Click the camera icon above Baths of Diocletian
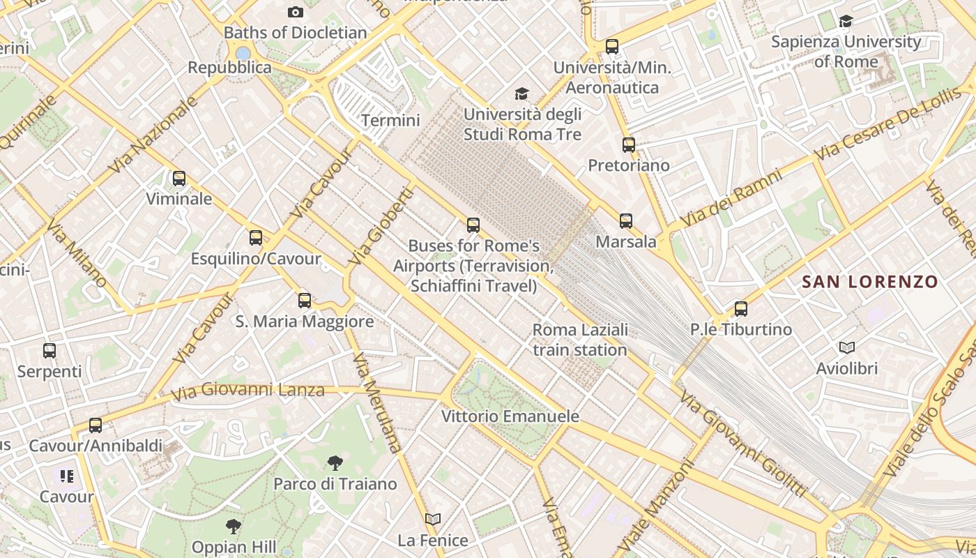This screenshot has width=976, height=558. coord(296,12)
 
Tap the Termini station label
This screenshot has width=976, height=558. coord(390,121)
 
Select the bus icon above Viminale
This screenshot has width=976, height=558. coord(179,179)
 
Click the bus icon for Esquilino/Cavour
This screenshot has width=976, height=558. coord(256,238)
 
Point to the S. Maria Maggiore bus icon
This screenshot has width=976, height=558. coord(305,301)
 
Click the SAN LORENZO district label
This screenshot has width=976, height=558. coord(870,282)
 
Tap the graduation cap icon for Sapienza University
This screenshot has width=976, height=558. coord(846,22)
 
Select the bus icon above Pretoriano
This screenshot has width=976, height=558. coord(629,145)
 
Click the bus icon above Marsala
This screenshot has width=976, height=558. coord(626,221)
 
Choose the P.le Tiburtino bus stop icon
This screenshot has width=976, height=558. coord(741,308)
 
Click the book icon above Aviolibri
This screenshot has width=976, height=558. coord(847,347)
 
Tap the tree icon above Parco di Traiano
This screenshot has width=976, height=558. coord(335,462)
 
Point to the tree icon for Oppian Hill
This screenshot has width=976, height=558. coord(234,526)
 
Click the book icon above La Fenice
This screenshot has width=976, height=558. coord(433,519)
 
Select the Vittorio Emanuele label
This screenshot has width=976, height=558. coord(510,416)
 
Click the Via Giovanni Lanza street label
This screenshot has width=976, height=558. coord(248,391)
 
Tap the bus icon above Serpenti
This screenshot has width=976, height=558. coord(49,351)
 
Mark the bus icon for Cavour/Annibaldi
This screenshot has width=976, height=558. coord(96,425)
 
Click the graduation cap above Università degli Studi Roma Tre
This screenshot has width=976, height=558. coord(521,93)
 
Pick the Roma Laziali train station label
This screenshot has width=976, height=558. coord(580,339)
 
